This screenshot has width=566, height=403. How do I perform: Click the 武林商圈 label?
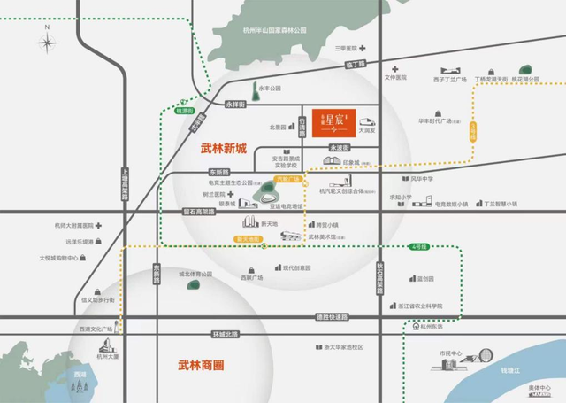203,363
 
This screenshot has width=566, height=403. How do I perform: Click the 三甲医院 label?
348,48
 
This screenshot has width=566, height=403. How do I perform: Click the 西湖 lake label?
80,376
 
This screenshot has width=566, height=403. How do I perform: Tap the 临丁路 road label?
356,65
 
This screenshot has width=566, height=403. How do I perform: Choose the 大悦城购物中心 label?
60,259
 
